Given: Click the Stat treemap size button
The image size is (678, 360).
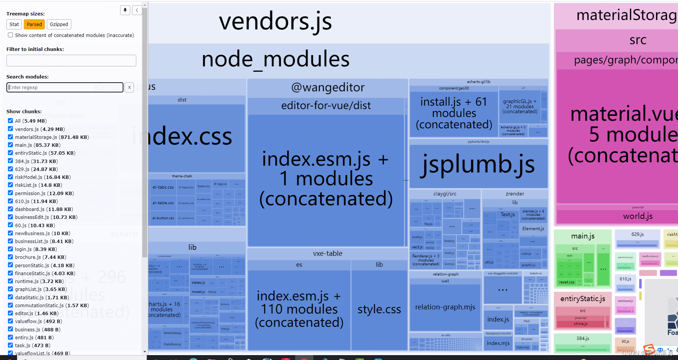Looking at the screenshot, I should point(14,25).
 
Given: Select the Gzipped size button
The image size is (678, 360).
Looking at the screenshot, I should point(59,25).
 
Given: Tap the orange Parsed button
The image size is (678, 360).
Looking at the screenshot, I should point(34,25).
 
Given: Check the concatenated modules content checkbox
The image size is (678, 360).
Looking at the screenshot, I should point(11,35).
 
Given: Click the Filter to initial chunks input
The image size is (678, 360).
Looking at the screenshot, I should point(71,61).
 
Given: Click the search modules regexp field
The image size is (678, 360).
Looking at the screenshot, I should point(65,88).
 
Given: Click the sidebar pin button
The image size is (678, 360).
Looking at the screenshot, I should point(125,10).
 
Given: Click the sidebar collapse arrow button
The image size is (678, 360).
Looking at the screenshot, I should point(137,10).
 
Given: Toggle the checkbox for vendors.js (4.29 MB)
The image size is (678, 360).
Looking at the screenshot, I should point(11,129).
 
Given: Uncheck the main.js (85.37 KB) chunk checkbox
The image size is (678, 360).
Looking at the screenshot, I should point(11,145).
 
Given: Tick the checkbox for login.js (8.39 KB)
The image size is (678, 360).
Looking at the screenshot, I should point(11,249).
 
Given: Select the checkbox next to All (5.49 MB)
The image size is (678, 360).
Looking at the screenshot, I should point(11,121).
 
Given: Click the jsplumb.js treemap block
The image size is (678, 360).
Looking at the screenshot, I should point(478,165).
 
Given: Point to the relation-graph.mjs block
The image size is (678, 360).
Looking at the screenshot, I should point(445,307).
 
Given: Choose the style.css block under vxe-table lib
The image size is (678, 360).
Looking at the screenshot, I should point(379,309).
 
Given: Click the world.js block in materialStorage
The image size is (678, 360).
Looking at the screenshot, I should point(638,216).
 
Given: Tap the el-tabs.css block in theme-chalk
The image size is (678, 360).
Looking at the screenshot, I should point(163,187).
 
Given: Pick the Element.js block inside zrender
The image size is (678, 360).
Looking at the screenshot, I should point(533,229).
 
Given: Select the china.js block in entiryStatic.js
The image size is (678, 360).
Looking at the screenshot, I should point(580,324).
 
